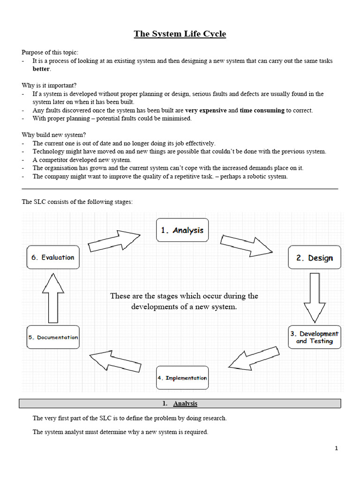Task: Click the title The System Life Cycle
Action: point(180,34)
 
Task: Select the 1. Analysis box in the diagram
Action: point(182,230)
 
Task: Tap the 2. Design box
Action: point(314,257)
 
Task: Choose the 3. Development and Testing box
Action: point(314,337)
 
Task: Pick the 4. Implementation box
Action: point(182,378)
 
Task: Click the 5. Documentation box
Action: point(53,337)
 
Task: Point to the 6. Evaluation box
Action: point(53,257)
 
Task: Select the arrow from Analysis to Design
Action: point(246,244)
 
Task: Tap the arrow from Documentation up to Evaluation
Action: point(52,297)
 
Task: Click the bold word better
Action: point(41,69)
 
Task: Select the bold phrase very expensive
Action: point(206,110)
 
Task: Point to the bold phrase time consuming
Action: point(262,110)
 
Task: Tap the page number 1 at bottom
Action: point(336,448)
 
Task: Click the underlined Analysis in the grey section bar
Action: point(185,404)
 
